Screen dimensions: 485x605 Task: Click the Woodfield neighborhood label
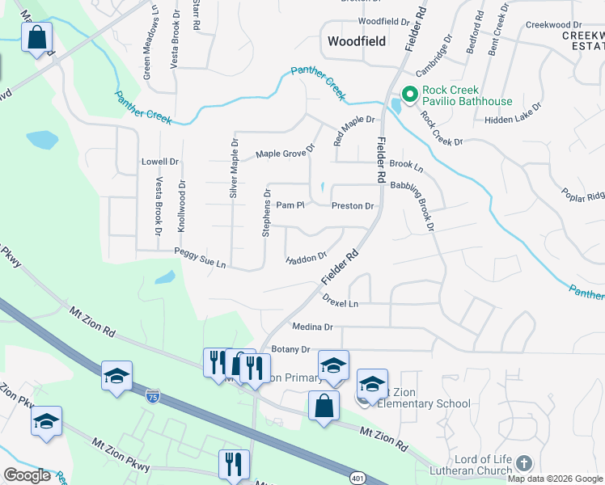(355, 40)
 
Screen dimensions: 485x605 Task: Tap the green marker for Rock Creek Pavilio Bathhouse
(409, 95)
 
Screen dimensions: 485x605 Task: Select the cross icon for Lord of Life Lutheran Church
(523, 462)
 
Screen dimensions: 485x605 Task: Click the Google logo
(27, 475)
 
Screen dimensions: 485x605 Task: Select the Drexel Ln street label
(340, 303)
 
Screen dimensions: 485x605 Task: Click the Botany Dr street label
(291, 349)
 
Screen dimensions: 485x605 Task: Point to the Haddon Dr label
(307, 259)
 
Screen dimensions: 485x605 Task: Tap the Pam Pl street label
(290, 205)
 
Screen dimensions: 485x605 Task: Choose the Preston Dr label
(353, 205)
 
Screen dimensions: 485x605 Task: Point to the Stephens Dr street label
(265, 213)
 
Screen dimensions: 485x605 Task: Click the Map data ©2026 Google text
(554, 479)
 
